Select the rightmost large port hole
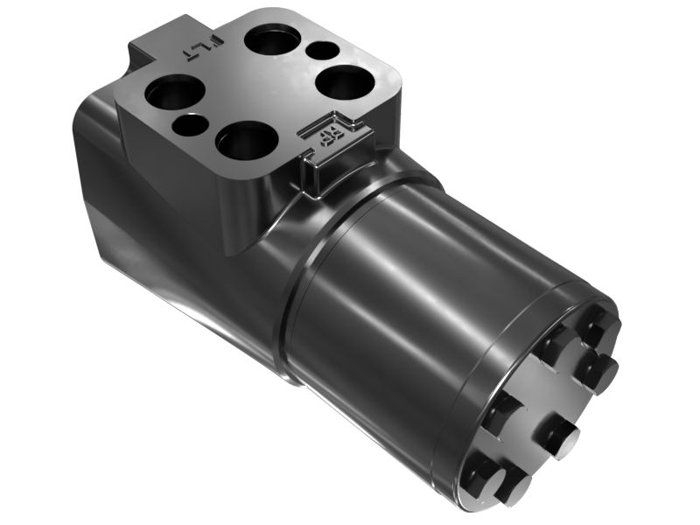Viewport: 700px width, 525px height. [346, 85]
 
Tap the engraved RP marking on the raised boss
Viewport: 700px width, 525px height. [330, 134]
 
